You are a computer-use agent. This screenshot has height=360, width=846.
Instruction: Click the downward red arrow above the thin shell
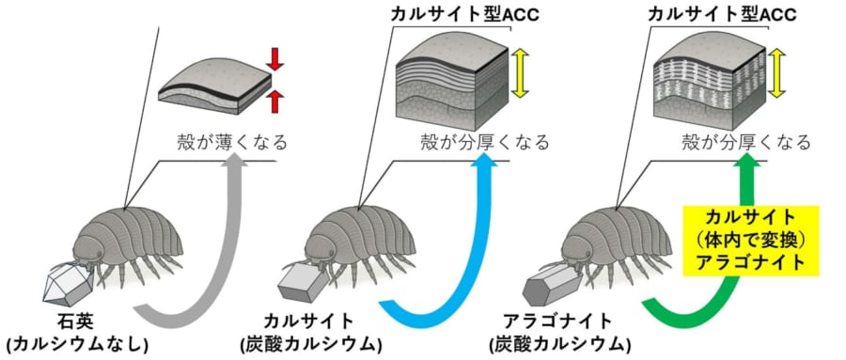(274, 59)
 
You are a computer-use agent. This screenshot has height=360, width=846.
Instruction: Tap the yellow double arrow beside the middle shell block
(521, 75)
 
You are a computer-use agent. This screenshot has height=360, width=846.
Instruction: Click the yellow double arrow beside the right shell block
(779, 75)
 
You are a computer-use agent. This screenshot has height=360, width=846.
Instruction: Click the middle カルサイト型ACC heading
(462, 15)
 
